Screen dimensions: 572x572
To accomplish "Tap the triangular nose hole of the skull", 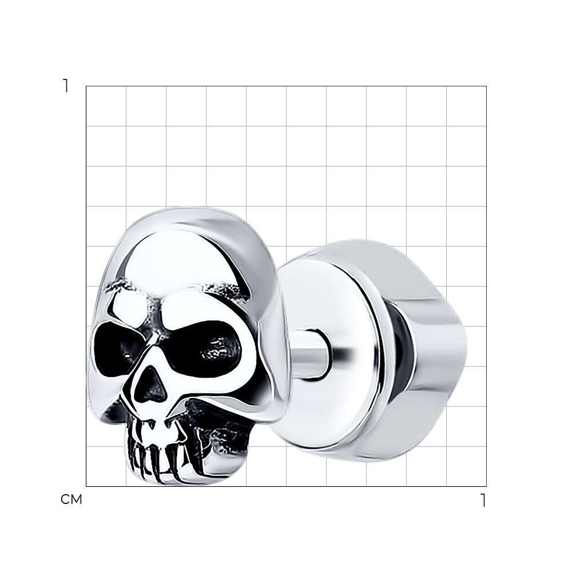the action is click(x=149, y=386).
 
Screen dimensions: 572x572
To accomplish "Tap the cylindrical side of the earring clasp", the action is click(x=419, y=350).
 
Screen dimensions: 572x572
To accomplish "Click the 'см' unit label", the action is click(x=71, y=499).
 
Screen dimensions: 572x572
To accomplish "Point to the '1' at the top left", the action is click(x=66, y=86).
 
